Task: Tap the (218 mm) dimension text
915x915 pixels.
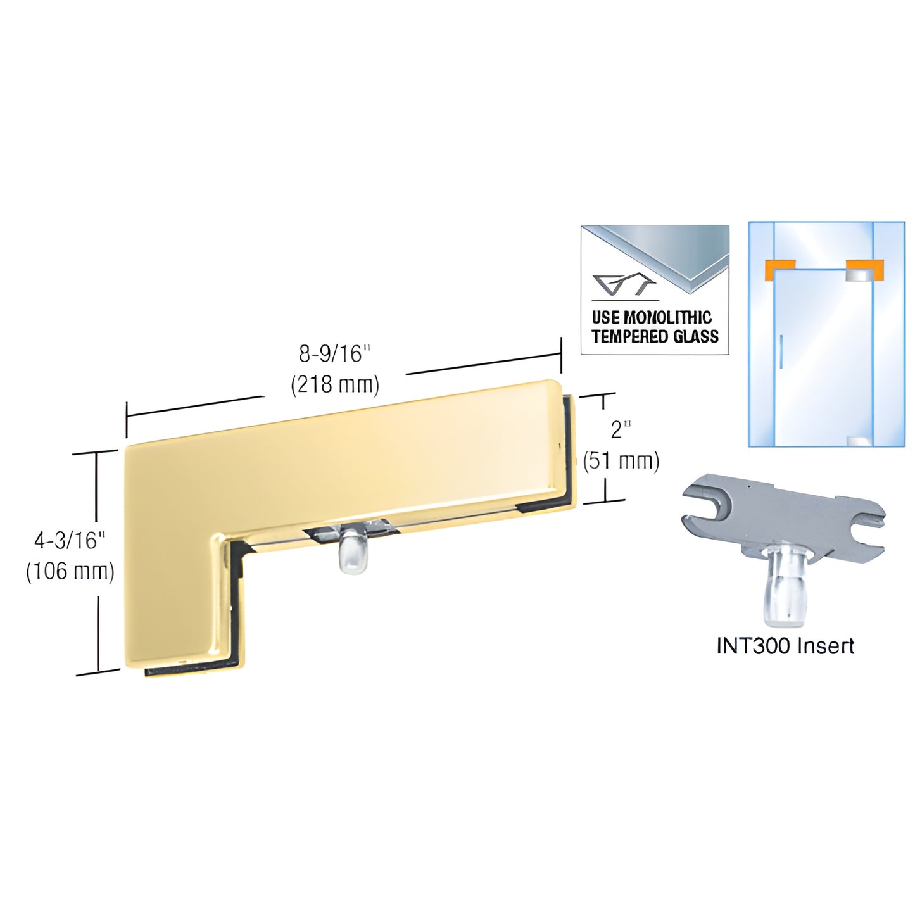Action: pos(334,384)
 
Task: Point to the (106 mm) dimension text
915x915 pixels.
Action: pos(70,571)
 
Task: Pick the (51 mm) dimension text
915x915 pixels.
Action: pos(621,461)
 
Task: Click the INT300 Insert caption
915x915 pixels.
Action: pos(785,646)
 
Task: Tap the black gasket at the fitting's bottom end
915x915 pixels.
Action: pos(190,669)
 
